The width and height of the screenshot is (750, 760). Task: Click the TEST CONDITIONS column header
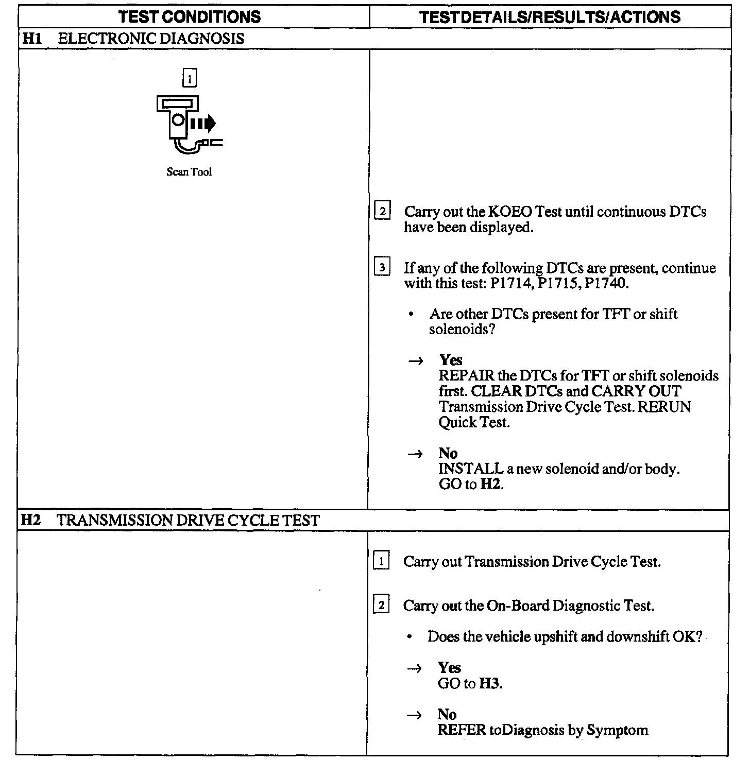point(190,16)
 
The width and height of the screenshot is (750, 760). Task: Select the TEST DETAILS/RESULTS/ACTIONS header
point(550,16)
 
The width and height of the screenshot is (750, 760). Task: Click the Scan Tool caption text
point(189,172)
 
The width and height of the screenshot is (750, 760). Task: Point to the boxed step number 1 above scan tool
point(190,79)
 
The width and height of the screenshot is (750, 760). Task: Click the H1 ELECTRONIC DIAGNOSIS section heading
point(132,39)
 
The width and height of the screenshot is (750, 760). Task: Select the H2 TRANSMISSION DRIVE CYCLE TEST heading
point(170,520)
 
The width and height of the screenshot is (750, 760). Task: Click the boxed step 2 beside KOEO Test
point(382,212)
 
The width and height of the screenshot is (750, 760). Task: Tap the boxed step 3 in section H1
point(382,268)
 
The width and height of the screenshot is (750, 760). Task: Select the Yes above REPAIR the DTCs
point(451,360)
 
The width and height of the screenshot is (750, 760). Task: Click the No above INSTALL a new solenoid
point(448,453)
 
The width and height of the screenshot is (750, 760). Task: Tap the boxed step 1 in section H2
point(381,561)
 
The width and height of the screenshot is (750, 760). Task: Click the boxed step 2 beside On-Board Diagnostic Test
point(381,606)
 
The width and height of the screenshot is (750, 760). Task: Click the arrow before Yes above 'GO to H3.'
point(415,668)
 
